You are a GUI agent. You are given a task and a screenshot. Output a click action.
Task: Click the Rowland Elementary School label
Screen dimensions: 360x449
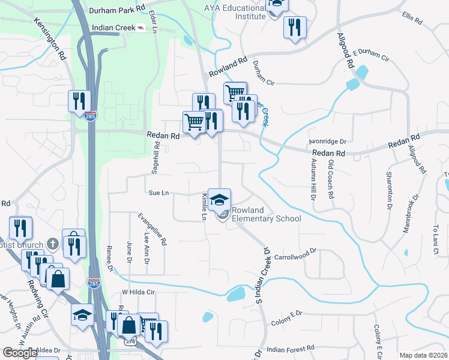tap(267, 214)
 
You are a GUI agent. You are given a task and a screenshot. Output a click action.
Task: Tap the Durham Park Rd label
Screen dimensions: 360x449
tap(117, 10)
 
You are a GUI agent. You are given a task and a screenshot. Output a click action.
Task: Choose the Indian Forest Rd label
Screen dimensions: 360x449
tap(291, 348)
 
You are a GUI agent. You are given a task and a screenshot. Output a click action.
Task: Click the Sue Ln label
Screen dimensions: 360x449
tap(158, 193)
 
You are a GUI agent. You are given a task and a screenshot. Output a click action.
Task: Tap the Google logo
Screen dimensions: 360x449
tap(20, 353)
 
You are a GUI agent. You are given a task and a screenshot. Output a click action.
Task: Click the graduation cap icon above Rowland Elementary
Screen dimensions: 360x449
tap(220, 198)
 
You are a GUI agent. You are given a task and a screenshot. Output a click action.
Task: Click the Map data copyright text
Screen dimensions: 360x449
tap(424, 355)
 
